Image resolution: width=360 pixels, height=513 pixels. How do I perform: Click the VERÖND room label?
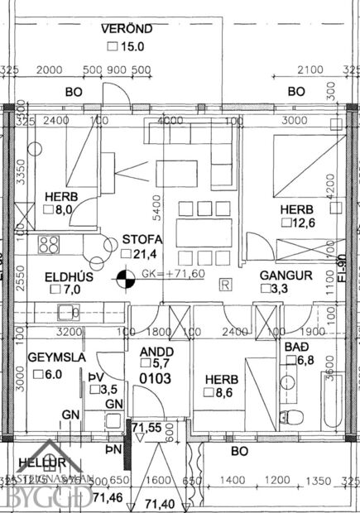point(127,29)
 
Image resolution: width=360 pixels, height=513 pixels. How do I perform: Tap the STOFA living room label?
point(141,239)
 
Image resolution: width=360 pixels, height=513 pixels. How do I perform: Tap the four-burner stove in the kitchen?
point(48,245)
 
